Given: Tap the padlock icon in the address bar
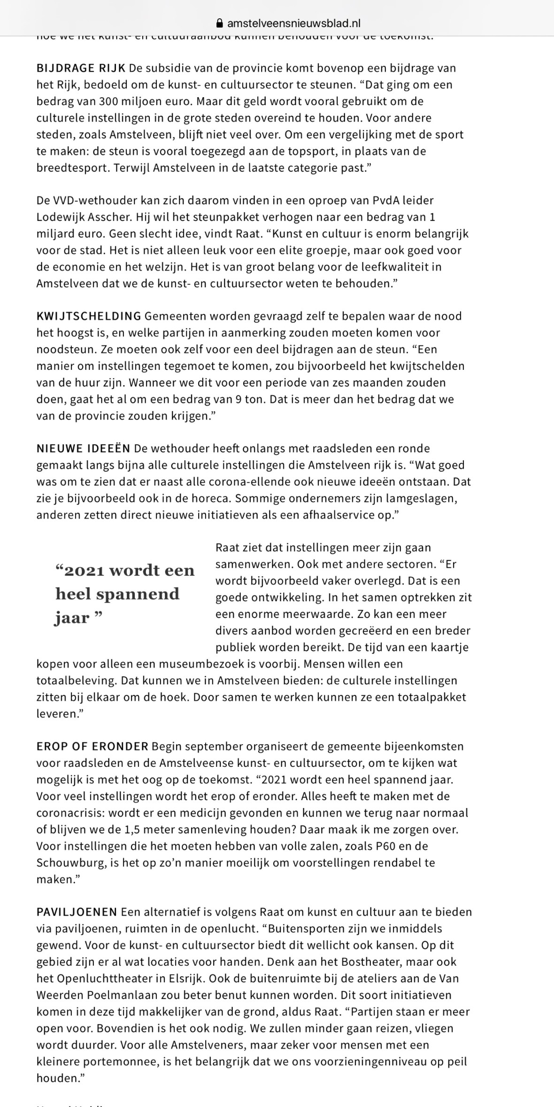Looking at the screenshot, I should (219, 23).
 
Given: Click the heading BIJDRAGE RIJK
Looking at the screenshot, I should (81, 68).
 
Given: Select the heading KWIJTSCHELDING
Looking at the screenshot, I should (89, 316).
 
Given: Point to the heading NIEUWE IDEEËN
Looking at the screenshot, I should (83, 449).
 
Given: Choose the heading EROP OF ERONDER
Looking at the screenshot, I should (92, 746).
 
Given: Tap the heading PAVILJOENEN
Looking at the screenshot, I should (77, 912).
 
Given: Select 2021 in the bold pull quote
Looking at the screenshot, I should (83, 571).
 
